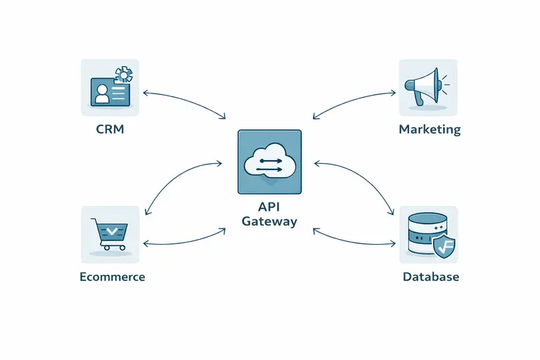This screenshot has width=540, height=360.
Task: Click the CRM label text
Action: pos(110,129)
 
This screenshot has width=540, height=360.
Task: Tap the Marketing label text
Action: pos(430,129)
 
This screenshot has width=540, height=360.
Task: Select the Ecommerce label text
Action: pos(112,276)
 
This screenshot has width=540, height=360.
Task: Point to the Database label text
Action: pos(430,276)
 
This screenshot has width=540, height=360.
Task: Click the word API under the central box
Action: pos(269,207)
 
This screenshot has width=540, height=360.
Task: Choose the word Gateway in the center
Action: pos(269,221)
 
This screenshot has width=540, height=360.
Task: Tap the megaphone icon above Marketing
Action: pos(422,86)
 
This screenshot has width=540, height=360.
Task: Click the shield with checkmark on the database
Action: pos(443,247)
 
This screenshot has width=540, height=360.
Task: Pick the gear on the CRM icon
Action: pos(124,75)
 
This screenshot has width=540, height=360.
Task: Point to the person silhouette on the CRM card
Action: pos(103,94)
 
